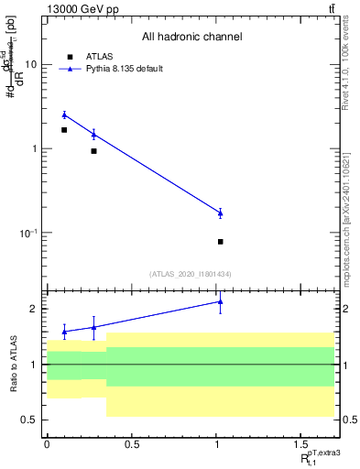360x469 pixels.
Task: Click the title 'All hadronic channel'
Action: click(191, 38)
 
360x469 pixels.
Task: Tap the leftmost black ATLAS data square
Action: click(64, 130)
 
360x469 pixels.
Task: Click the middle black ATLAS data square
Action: click(93, 151)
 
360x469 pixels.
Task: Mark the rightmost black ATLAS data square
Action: click(221, 242)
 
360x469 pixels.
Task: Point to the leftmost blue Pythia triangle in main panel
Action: click(64, 115)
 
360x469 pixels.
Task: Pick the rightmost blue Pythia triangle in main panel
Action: click(221, 213)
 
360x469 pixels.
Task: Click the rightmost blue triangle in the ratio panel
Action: click(221, 300)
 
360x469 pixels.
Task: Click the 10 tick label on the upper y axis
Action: click(31, 65)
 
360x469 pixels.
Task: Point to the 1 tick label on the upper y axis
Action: click(34, 148)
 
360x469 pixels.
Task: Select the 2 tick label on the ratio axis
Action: click(34, 309)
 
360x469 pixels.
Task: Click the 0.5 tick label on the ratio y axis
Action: click(30, 420)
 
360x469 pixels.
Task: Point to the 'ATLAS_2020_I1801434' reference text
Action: click(191, 274)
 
